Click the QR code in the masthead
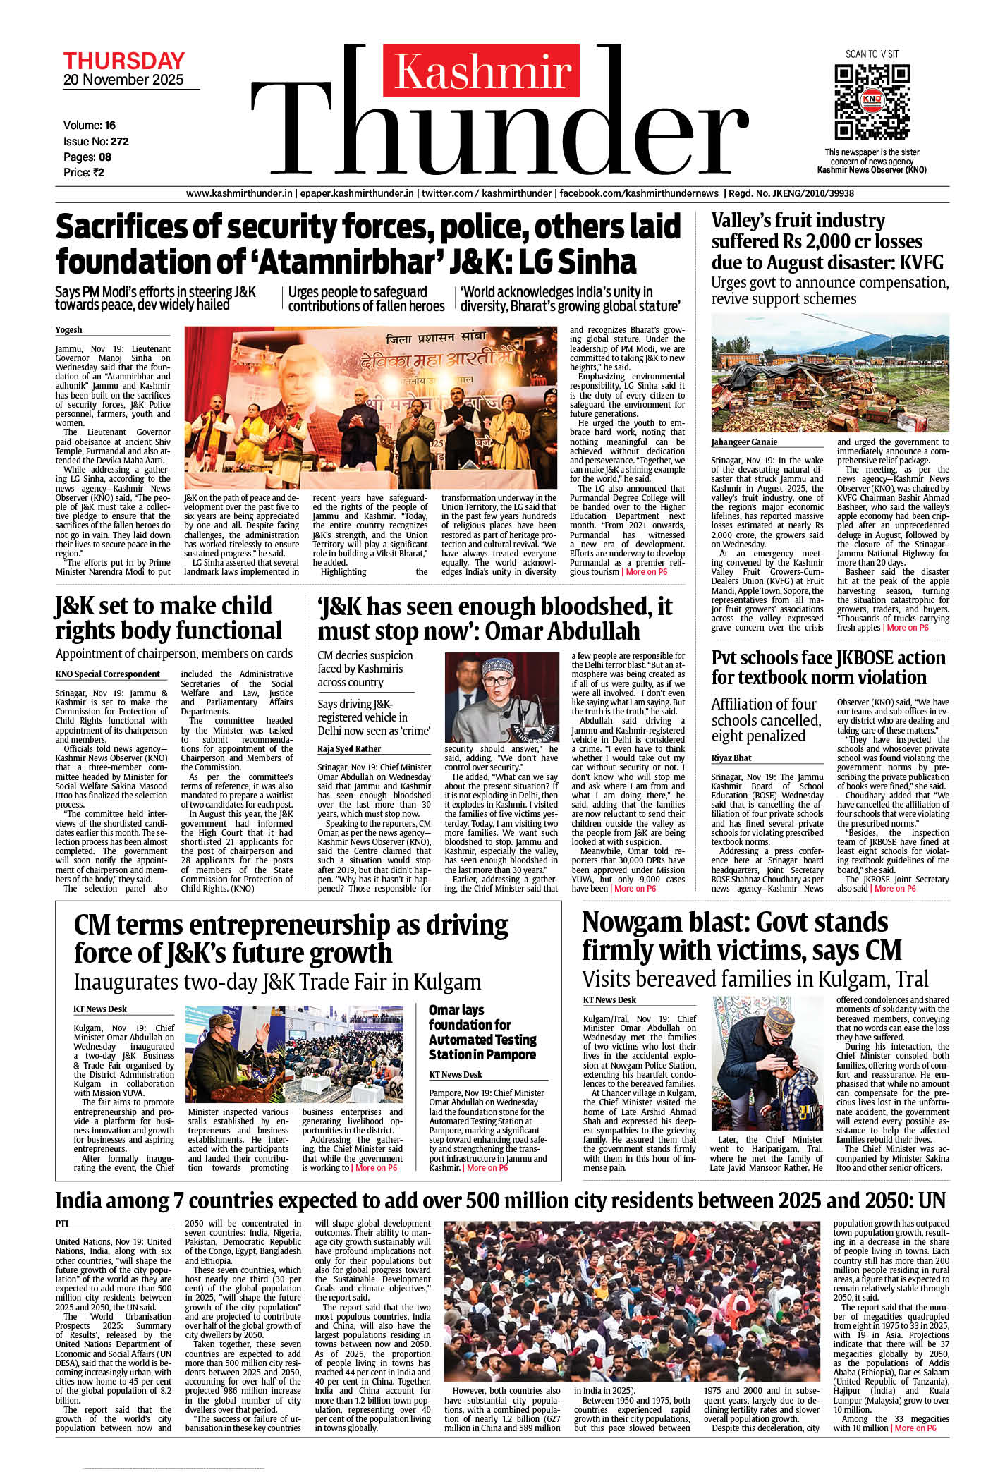click(x=872, y=102)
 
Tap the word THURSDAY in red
click(x=123, y=61)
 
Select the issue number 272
click(x=120, y=141)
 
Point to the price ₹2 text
click(x=97, y=172)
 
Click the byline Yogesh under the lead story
click(x=68, y=329)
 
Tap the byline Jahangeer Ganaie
click(x=744, y=442)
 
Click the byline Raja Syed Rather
click(x=349, y=748)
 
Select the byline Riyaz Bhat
click(x=731, y=758)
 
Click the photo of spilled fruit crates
click(x=830, y=373)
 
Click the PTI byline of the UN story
click(x=62, y=1223)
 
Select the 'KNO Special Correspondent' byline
click(x=108, y=674)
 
